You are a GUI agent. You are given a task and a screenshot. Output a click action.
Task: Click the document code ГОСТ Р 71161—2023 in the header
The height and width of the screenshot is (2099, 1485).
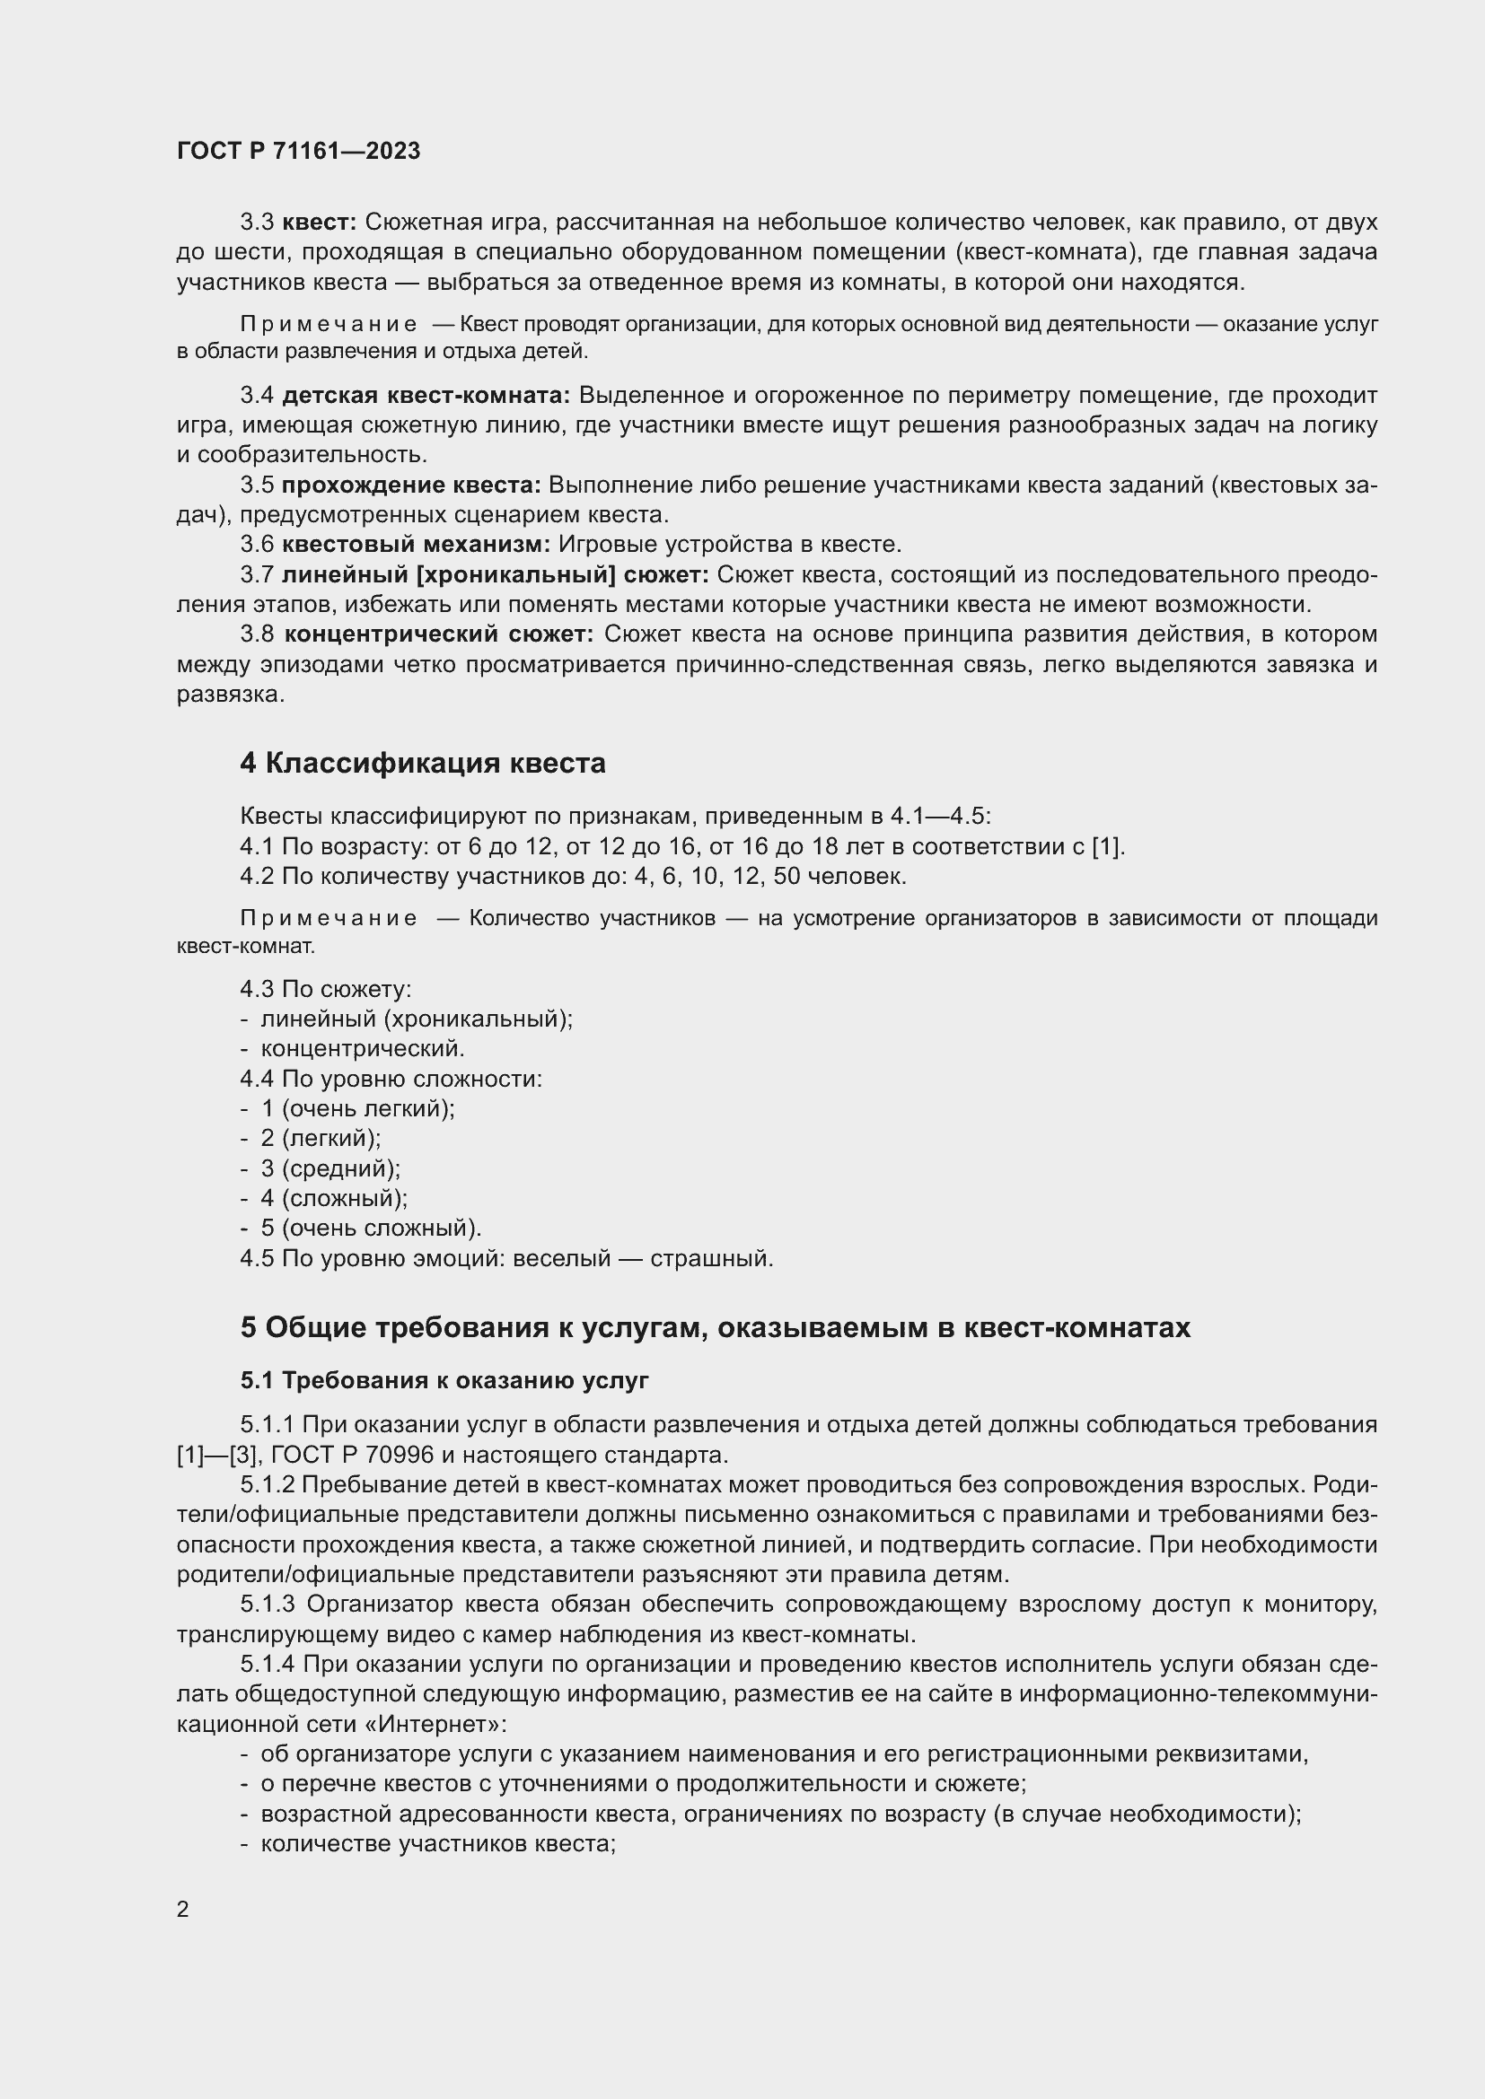click(x=298, y=152)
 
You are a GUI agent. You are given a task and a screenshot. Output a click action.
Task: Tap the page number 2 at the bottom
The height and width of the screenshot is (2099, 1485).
click(x=183, y=1909)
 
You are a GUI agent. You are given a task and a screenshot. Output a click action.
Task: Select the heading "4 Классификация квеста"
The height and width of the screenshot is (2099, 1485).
click(x=423, y=764)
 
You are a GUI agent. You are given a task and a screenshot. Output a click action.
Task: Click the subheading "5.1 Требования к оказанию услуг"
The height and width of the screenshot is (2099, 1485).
click(x=444, y=1379)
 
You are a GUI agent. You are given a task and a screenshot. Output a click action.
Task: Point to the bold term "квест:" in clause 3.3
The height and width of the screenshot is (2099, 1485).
click(x=319, y=223)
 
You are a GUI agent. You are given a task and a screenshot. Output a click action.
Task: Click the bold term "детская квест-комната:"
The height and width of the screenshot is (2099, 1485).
click(x=426, y=395)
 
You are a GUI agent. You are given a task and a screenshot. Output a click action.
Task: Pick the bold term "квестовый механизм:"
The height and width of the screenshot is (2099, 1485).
click(x=416, y=545)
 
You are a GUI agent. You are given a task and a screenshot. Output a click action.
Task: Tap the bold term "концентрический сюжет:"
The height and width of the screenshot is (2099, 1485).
click(x=439, y=634)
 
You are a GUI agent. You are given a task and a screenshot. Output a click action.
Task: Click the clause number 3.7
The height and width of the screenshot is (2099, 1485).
click(x=257, y=575)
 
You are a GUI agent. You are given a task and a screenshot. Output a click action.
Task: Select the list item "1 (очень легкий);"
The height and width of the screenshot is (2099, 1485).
click(x=357, y=1109)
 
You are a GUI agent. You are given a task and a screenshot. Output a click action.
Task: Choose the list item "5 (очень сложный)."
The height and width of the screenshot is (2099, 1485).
click(x=370, y=1228)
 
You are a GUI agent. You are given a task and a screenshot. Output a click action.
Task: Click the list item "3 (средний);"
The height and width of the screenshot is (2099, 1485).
click(x=330, y=1168)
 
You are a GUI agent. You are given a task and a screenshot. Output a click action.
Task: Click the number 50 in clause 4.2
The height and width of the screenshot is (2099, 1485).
click(x=789, y=877)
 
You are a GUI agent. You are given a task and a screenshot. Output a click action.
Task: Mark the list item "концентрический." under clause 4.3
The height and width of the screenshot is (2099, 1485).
click(x=362, y=1048)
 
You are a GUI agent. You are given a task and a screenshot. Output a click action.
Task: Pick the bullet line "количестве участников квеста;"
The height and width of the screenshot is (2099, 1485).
click(x=438, y=1844)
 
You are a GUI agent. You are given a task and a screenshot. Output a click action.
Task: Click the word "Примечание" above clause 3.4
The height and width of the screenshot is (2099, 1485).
click(x=329, y=325)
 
